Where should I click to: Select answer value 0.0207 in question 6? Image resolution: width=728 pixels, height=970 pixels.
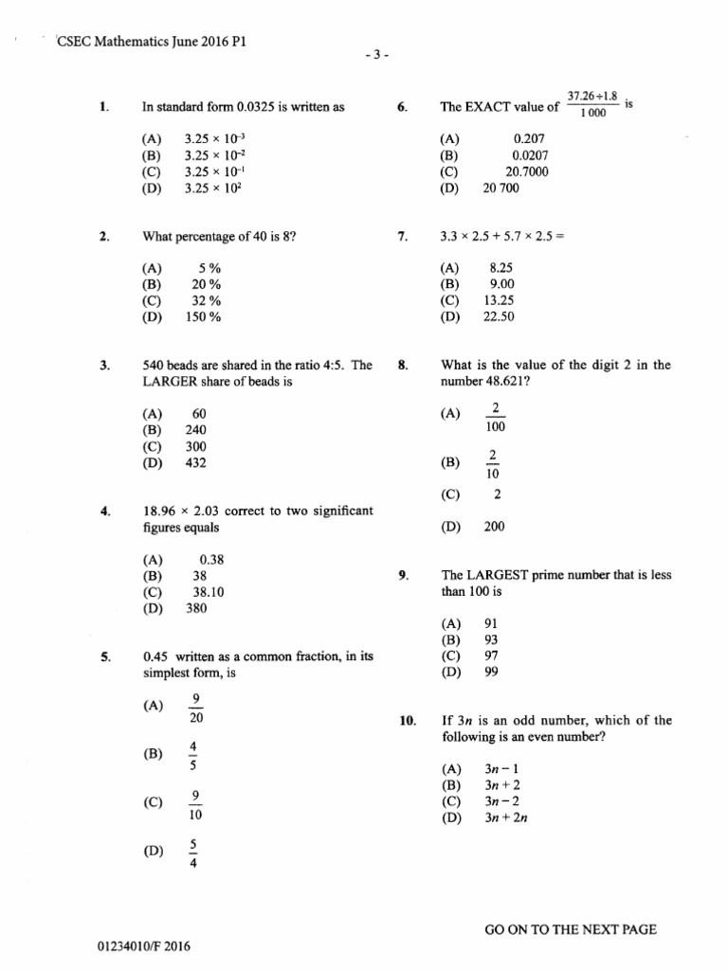(x=529, y=155)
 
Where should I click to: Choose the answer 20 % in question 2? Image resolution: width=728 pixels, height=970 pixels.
(x=206, y=284)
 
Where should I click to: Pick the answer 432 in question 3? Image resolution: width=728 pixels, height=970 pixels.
(x=196, y=462)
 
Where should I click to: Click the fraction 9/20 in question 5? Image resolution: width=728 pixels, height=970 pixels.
(x=196, y=709)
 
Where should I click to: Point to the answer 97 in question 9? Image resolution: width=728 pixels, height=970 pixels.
(x=491, y=656)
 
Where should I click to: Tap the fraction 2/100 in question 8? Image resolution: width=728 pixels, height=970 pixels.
(x=495, y=418)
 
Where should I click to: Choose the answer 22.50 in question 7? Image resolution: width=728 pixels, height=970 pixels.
(x=499, y=317)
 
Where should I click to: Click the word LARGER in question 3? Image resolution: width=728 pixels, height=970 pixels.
(x=170, y=382)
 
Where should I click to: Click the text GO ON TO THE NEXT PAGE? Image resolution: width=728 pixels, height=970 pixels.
(x=571, y=930)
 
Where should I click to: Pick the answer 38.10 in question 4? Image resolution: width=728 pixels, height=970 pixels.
(x=208, y=592)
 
